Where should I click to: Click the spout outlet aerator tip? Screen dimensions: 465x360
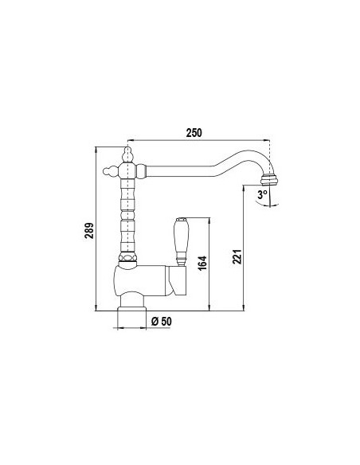(273, 178)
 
